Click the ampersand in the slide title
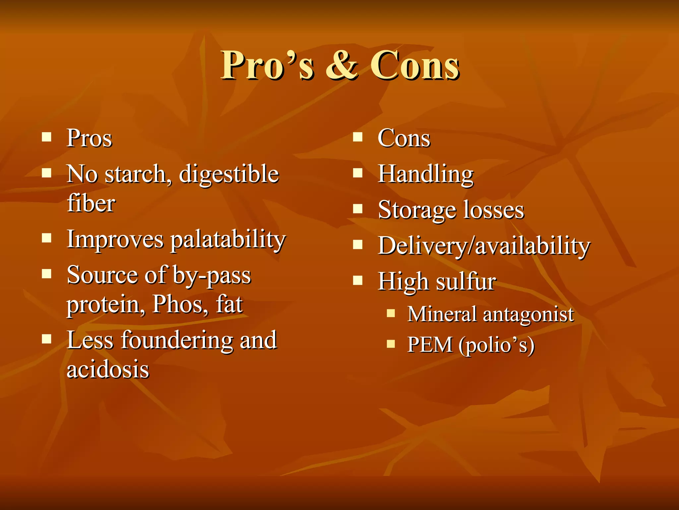(342, 65)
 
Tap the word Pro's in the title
(267, 65)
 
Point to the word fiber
(91, 203)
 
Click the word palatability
(228, 240)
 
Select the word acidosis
(108, 369)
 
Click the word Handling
(426, 174)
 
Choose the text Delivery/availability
(484, 246)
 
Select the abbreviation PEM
(430, 344)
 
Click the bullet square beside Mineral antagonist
(391, 313)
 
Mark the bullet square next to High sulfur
(357, 281)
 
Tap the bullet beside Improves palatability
(47, 238)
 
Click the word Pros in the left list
(90, 138)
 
